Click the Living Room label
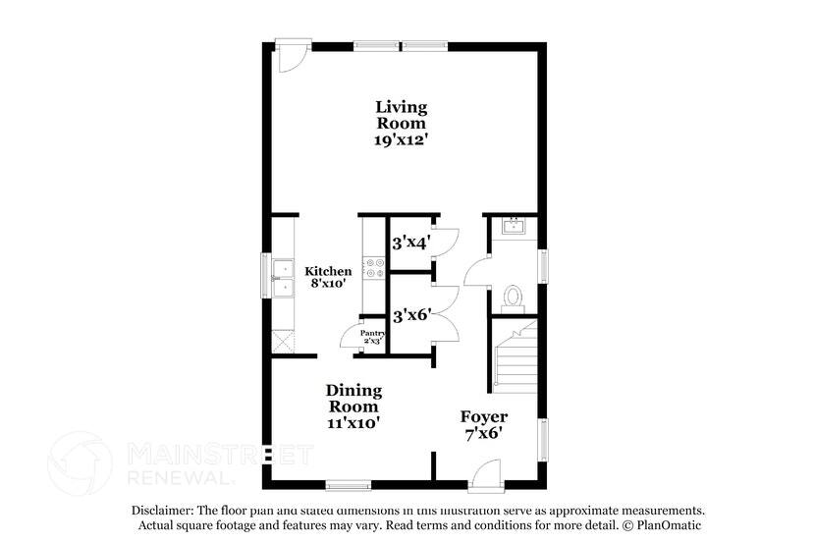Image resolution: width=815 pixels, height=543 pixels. coord(402,115)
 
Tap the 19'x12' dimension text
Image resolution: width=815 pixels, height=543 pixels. coord(402,140)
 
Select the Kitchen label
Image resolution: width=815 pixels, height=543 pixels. coord(327,271)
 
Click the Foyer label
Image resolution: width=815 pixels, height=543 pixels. coord(483,416)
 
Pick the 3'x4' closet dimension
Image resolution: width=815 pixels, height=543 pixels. coord(411,243)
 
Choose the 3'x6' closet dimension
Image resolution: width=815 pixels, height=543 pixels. coord(411,316)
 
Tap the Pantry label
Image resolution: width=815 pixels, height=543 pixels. coord(372,334)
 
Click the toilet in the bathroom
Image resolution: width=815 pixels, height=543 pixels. coord(513,295)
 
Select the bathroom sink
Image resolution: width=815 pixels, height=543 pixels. coord(513,227)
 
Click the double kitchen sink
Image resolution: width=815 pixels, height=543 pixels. coord(284,276)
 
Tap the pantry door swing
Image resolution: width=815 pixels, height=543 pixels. coord(352,335)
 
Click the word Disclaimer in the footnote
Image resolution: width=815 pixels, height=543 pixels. coord(164,511)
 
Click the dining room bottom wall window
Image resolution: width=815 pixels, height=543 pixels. coord(348,484)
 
